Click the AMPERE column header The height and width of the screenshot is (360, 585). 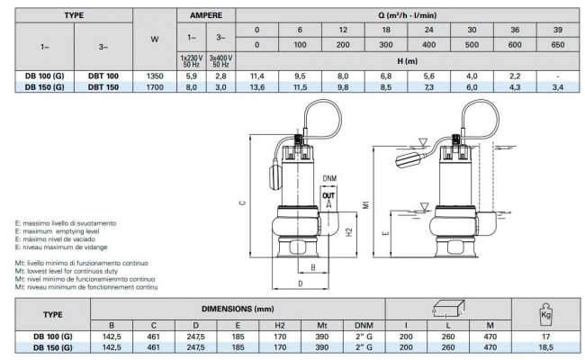point(206,15)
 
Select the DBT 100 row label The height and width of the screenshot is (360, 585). point(103,76)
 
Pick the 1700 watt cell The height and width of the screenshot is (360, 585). point(155,87)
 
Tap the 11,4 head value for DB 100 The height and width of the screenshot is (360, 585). point(257,76)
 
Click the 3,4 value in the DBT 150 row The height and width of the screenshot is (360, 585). point(558,87)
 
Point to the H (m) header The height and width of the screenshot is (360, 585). point(408,61)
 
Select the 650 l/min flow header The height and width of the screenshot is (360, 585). point(558,45)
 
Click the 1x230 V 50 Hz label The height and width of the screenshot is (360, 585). point(191,61)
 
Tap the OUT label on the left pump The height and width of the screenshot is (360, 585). point(328,195)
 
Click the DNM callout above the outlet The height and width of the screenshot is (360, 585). point(329,178)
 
